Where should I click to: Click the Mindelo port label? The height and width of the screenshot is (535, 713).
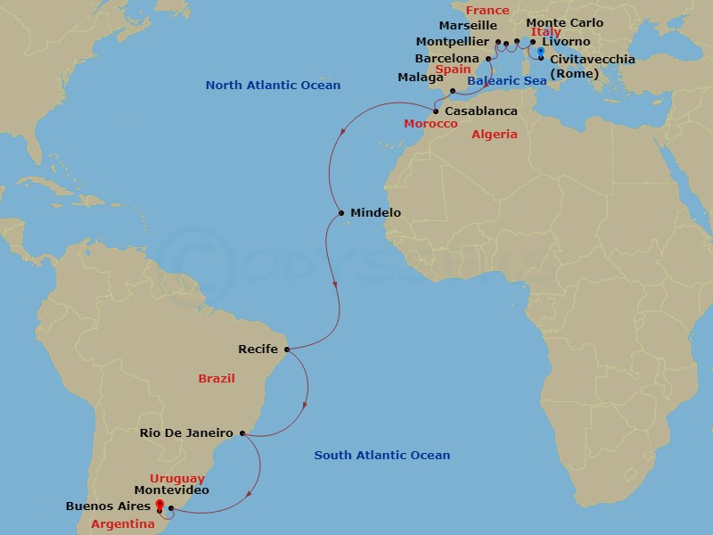[375, 213]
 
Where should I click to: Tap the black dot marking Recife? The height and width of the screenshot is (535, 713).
[285, 349]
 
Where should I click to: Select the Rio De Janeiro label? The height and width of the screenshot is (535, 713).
[186, 433]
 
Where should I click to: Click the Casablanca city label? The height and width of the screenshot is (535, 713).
[480, 111]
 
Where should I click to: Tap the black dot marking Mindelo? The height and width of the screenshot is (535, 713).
[341, 213]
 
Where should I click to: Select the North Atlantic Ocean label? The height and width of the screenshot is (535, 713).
[273, 86]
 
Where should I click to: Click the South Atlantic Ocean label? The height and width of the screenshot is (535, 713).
[381, 456]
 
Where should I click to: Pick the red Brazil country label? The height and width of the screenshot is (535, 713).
[217, 378]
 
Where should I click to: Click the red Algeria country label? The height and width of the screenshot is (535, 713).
[494, 134]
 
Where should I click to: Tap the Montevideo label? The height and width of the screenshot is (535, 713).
[171, 490]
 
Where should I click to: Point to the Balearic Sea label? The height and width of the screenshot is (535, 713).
[506, 81]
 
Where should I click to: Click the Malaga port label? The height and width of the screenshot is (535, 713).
[419, 78]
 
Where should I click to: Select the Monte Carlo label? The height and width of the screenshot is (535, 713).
[564, 23]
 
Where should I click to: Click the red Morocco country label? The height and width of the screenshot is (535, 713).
[430, 123]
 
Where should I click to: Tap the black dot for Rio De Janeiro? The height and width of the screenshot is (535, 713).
[242, 434]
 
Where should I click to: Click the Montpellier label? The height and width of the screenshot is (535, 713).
[453, 42]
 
